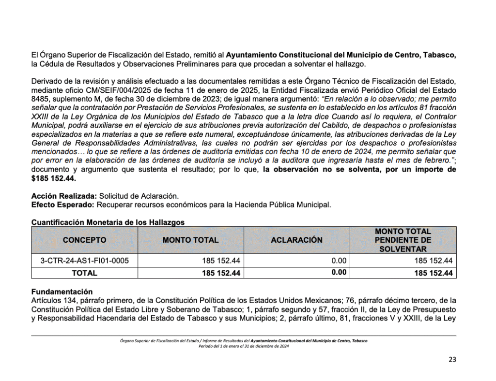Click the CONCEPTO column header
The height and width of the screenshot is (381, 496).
tap(84, 240)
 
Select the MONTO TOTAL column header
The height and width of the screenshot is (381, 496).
tap(190, 240)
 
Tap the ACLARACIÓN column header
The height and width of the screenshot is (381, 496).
tap(296, 240)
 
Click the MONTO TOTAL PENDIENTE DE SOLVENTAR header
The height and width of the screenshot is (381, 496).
tap(403, 240)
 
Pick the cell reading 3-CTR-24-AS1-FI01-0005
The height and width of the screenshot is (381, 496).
tap(84, 261)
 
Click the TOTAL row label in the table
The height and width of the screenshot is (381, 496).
tap(84, 273)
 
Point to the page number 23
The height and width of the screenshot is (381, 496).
tap(452, 359)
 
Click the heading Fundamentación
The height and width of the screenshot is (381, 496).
tap(62, 292)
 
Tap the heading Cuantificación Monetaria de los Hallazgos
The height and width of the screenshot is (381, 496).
tap(108, 222)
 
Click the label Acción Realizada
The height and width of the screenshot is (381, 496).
tap(64, 196)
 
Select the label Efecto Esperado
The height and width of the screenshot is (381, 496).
tap(63, 205)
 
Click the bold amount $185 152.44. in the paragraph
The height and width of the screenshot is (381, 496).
tap(54, 179)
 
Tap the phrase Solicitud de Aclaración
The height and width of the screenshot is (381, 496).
tap(139, 196)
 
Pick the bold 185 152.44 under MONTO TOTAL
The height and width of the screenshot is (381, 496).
tap(221, 273)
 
